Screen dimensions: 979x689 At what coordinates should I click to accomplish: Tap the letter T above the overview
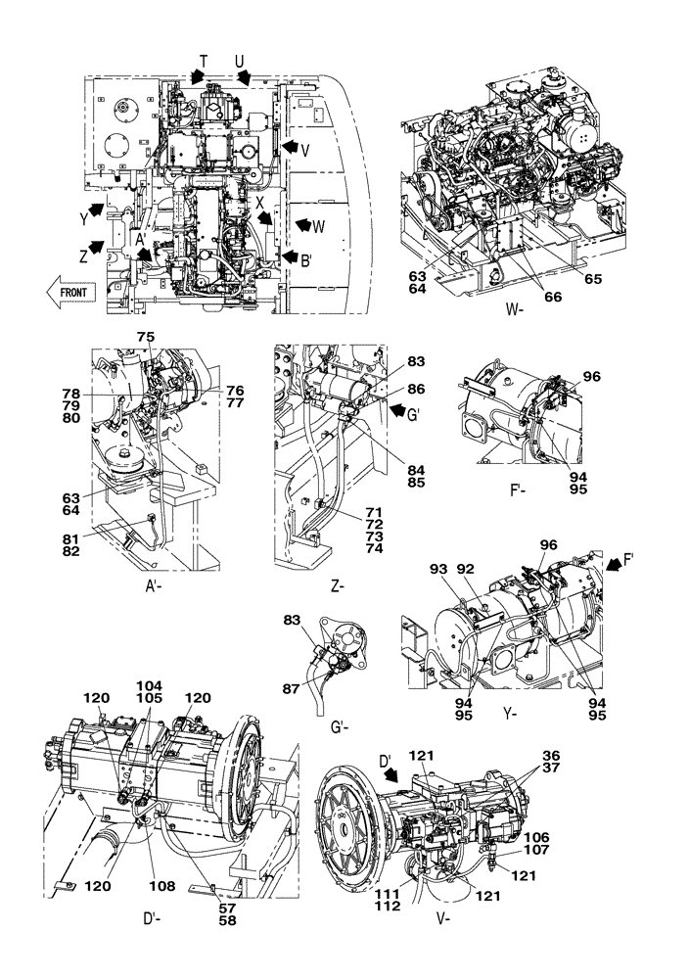pos(204,62)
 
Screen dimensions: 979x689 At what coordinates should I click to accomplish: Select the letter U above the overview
pos(240,62)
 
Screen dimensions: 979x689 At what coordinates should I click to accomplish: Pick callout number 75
pos(146,336)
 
